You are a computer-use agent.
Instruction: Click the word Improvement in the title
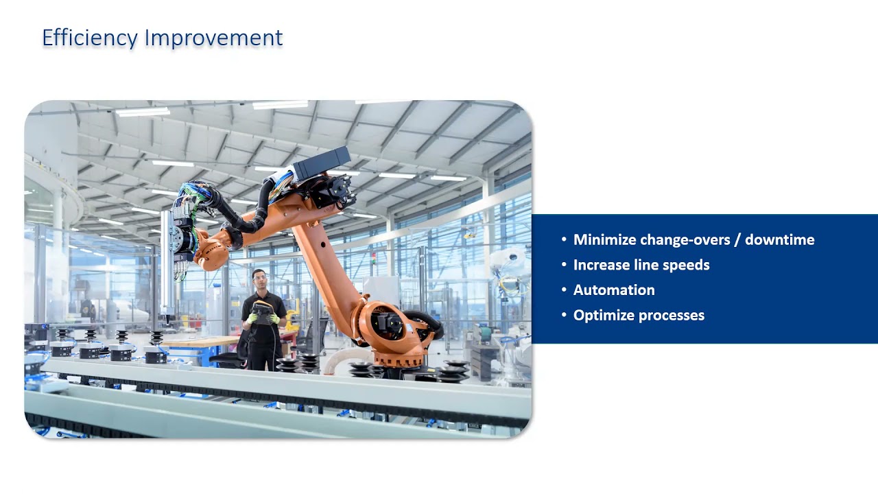point(213,38)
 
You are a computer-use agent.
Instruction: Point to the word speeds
point(686,265)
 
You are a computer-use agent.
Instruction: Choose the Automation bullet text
point(614,290)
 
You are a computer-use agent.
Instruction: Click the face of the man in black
point(259,279)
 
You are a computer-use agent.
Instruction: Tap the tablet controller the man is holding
point(261,312)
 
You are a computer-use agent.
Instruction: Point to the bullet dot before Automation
point(565,290)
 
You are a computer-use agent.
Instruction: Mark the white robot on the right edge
point(509,268)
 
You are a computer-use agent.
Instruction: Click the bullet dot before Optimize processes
point(565,316)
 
